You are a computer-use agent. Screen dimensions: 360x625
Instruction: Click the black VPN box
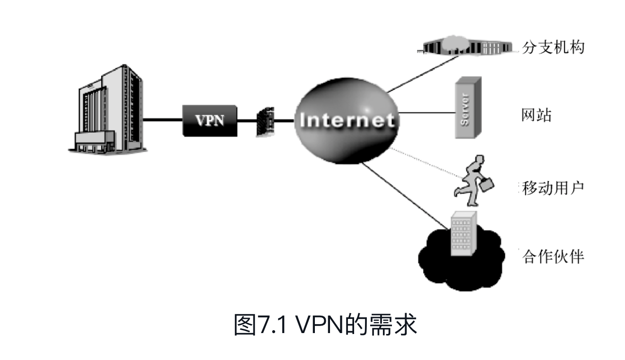(x=209, y=120)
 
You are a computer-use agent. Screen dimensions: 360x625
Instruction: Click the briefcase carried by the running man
(x=488, y=183)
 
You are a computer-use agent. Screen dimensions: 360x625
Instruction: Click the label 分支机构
(x=553, y=48)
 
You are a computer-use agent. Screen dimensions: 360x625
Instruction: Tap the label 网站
(x=537, y=115)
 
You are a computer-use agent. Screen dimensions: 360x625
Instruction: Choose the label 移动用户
(x=553, y=188)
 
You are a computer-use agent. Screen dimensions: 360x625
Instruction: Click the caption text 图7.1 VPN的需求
(x=326, y=325)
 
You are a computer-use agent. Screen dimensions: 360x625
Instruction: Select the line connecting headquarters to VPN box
(x=163, y=120)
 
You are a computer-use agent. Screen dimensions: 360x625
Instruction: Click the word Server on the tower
(x=465, y=110)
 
